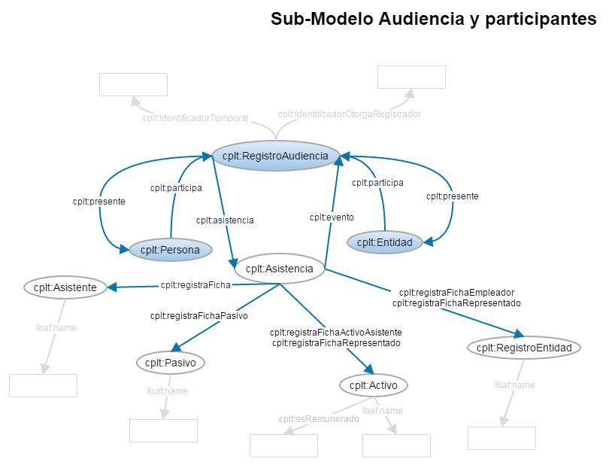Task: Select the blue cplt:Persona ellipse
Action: (x=171, y=251)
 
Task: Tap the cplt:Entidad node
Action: (x=384, y=242)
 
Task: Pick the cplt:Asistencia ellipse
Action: (x=280, y=267)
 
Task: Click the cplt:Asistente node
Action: (x=65, y=287)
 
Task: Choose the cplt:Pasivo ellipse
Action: (x=171, y=363)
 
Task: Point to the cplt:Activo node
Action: (x=374, y=385)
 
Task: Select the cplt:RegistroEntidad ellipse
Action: (x=524, y=348)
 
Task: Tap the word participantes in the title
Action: (x=541, y=20)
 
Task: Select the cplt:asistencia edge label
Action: (x=225, y=220)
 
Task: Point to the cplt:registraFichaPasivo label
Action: (x=198, y=315)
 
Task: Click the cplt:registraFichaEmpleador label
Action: (x=456, y=292)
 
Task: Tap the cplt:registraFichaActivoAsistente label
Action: (x=336, y=332)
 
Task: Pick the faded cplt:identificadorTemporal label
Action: (x=195, y=118)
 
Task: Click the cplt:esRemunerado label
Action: (x=319, y=419)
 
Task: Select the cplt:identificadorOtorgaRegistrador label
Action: (x=349, y=114)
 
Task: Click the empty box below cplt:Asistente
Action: (x=43, y=385)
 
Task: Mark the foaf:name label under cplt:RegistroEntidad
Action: (x=515, y=385)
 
